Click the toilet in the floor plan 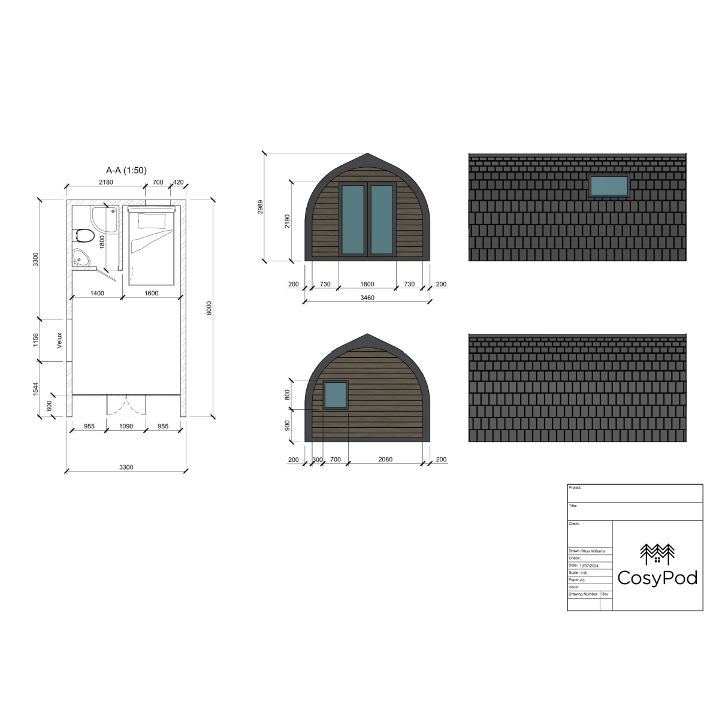click(x=84, y=235)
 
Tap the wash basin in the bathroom click(x=80, y=257)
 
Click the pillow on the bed click(x=152, y=220)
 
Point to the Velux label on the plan click(x=59, y=341)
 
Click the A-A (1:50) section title click(x=126, y=171)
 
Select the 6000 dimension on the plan click(x=209, y=308)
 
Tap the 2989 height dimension click(x=260, y=207)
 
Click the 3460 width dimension click(x=367, y=298)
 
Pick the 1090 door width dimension click(x=126, y=426)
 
